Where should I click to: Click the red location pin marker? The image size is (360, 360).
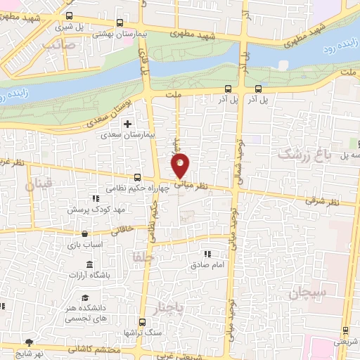pyautogui.click(x=181, y=167)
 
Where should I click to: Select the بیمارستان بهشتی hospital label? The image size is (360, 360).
pyautogui.click(x=98, y=33)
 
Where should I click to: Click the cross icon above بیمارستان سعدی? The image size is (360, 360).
pyautogui.click(x=127, y=124)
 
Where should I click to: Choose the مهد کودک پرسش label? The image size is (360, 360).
pyautogui.click(x=91, y=210)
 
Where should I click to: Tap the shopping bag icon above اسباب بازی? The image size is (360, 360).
pyautogui.click(x=85, y=233)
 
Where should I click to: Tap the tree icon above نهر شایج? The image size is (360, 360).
pyautogui.click(x=27, y=340)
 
